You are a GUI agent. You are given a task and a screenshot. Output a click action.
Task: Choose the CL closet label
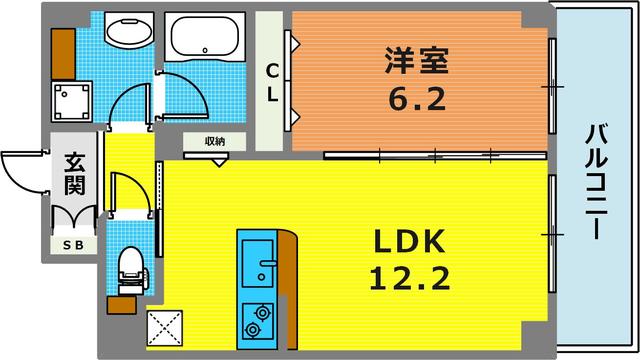pos(271,83)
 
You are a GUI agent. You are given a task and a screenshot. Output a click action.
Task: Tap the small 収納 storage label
pos(214,141)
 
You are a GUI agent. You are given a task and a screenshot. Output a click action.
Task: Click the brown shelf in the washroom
pos(62,47)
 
